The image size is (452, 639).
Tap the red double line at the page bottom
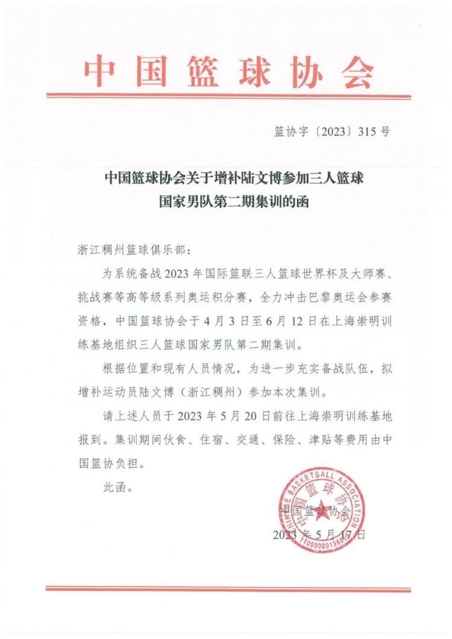228,589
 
